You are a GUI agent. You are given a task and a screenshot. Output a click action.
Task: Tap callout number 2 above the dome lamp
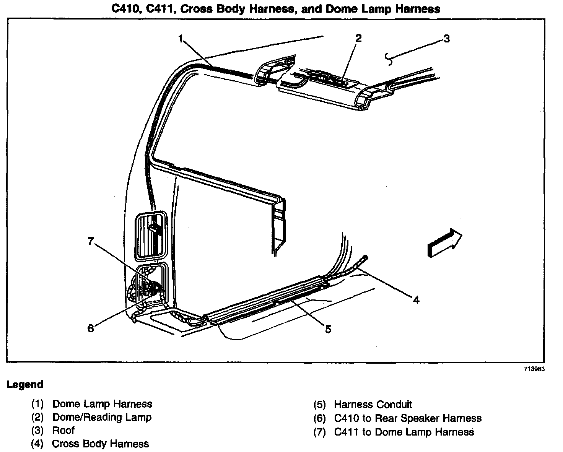point(358,38)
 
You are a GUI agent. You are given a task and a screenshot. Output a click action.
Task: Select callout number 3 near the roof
point(446,39)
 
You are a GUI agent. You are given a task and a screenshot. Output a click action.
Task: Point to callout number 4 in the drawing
point(416,300)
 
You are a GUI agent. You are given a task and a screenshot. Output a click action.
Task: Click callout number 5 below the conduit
point(328,329)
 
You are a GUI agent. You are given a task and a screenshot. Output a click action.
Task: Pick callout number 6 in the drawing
point(91,328)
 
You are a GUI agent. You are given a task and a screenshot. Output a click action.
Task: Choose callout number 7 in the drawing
point(91,241)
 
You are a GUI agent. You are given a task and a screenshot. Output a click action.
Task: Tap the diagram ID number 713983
point(534,369)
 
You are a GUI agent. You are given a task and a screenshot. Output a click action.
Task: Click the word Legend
point(25,385)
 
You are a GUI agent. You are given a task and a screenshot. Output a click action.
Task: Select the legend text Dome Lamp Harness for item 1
point(102,404)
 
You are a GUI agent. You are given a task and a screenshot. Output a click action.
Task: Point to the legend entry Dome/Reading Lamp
point(102,417)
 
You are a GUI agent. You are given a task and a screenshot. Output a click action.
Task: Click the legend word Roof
point(63,431)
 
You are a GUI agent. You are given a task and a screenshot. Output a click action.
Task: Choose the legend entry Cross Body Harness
point(100,444)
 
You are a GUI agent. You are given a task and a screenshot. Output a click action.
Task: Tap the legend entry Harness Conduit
point(373,404)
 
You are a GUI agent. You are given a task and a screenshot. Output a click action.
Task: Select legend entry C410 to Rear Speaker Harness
point(408,418)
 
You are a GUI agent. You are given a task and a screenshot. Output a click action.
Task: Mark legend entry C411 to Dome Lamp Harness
point(404,432)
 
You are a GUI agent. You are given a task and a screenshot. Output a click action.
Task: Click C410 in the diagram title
point(127,9)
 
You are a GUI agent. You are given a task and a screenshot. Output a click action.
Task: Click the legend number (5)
point(319,405)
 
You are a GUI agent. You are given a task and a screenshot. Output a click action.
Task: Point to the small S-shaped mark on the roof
point(389,58)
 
